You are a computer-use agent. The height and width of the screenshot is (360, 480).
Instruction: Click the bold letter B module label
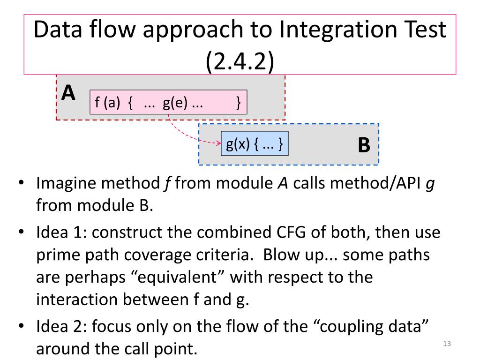[364, 145]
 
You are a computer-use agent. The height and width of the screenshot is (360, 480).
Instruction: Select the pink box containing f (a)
[168, 103]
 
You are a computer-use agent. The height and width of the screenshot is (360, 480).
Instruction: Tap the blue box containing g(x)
[254, 144]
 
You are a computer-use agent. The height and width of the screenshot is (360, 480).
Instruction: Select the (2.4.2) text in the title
[240, 60]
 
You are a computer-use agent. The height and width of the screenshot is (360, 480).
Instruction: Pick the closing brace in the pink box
[239, 103]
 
